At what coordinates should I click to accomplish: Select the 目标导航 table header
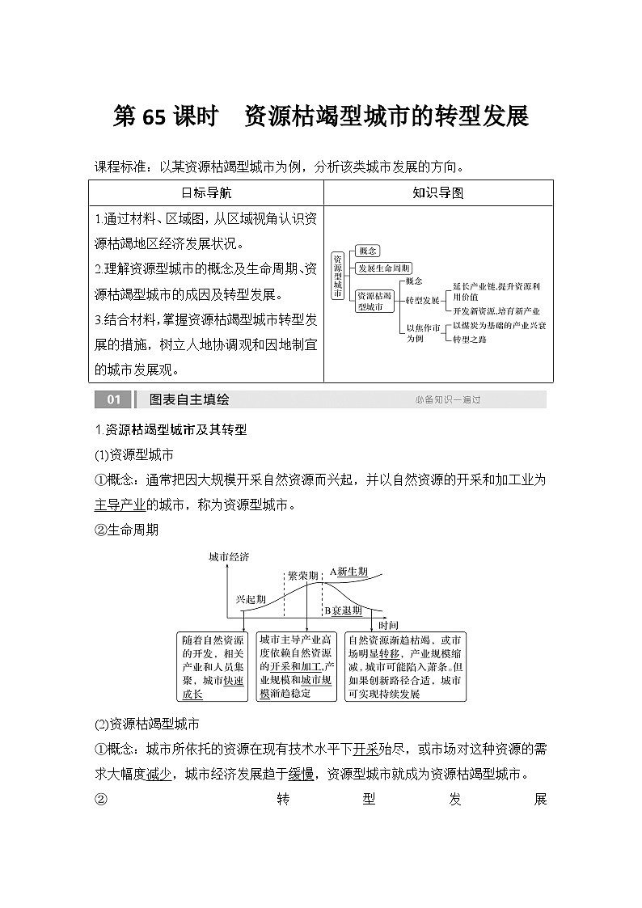(x=206, y=193)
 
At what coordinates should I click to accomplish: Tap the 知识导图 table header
(x=437, y=193)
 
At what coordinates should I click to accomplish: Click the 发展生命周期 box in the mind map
(x=384, y=268)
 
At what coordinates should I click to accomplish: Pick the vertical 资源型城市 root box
(x=337, y=275)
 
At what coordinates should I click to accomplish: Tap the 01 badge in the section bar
(x=112, y=399)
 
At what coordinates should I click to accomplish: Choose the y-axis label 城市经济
(x=229, y=557)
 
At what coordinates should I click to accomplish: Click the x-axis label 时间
(x=388, y=625)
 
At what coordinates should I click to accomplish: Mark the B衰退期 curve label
(x=343, y=610)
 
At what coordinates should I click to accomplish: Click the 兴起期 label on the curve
(x=250, y=600)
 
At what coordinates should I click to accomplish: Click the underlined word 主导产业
(x=120, y=505)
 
